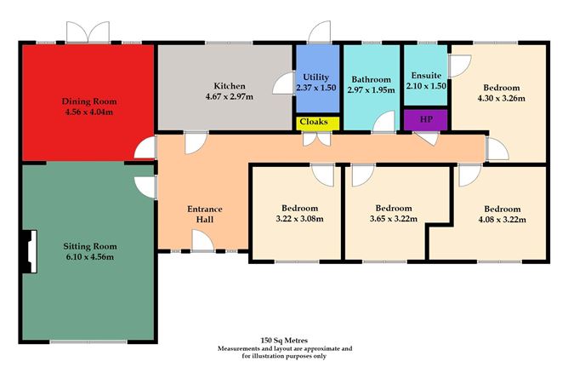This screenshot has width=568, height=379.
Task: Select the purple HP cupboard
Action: tap(426, 120)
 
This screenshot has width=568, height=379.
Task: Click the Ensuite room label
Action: tap(426, 75)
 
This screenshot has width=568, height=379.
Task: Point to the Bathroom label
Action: tap(371, 78)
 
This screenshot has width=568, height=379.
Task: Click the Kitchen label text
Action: tap(229, 86)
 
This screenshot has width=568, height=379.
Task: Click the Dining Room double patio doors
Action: tap(89, 32)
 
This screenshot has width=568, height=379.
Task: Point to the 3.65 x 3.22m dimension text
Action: tap(394, 219)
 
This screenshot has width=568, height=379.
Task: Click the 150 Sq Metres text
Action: tap(284, 340)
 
